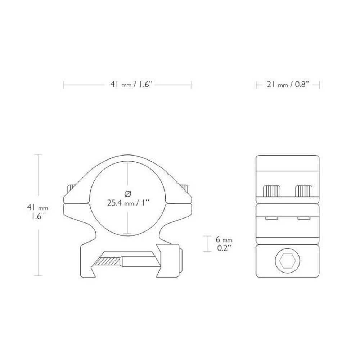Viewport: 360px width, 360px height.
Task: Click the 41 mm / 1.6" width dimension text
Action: (128, 85)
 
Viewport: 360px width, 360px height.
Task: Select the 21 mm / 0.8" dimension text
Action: (288, 85)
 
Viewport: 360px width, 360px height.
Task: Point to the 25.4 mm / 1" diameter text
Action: (128, 203)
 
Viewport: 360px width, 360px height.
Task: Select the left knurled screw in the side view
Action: (272, 191)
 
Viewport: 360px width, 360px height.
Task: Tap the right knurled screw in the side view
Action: (304, 191)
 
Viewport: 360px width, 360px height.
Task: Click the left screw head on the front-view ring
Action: (71, 189)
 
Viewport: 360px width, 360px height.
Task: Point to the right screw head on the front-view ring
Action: (185, 189)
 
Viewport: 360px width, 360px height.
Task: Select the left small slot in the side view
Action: (271, 218)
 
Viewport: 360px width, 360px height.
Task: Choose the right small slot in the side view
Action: (303, 218)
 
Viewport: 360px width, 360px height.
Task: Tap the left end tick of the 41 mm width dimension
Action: (64, 85)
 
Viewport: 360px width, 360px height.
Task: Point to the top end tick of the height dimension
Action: (38, 154)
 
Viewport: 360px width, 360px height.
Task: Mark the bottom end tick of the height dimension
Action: (38, 276)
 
